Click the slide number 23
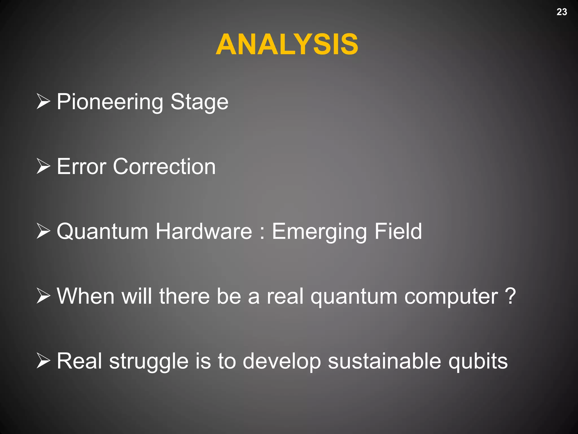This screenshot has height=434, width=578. [x=562, y=12]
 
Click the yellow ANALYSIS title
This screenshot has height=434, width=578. [x=287, y=44]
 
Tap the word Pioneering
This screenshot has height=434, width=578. [x=110, y=102]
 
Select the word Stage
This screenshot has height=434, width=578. [x=199, y=102]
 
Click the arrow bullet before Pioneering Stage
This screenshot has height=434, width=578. [x=43, y=101]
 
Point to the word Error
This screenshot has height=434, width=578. [x=82, y=166]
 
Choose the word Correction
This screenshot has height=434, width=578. [x=164, y=166]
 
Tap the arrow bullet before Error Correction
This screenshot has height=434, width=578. [x=43, y=166]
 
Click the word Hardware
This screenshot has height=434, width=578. [x=204, y=231]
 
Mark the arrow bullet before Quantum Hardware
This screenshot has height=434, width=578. [x=43, y=231]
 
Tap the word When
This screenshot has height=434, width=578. [x=86, y=296]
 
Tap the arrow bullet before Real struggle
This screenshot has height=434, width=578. [x=43, y=361]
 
